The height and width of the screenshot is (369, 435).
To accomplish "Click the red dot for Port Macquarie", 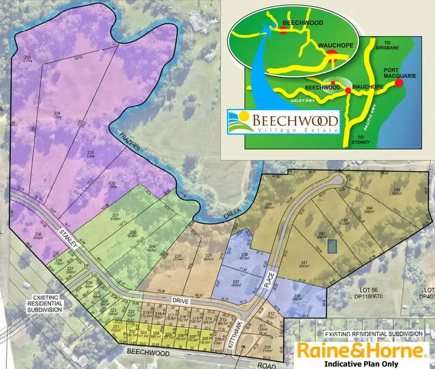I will (399, 82).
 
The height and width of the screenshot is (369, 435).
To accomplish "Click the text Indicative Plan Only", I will (364, 364).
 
